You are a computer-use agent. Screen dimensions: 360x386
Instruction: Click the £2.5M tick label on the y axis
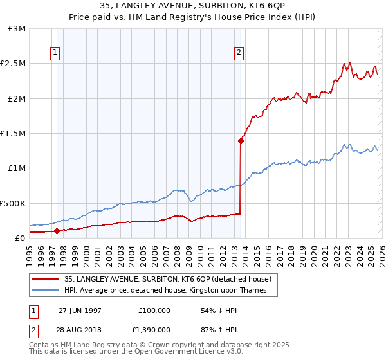tap(13, 64)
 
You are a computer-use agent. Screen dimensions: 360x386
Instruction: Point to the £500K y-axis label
tap(13, 203)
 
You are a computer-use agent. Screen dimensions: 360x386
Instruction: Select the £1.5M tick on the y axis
tap(13, 134)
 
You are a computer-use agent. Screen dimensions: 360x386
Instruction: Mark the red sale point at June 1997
tap(57, 231)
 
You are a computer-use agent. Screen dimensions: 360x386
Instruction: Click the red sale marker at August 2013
tap(241, 141)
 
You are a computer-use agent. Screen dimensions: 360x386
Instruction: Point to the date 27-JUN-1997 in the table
tap(80, 310)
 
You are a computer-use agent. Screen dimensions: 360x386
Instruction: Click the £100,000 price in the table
tap(154, 310)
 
